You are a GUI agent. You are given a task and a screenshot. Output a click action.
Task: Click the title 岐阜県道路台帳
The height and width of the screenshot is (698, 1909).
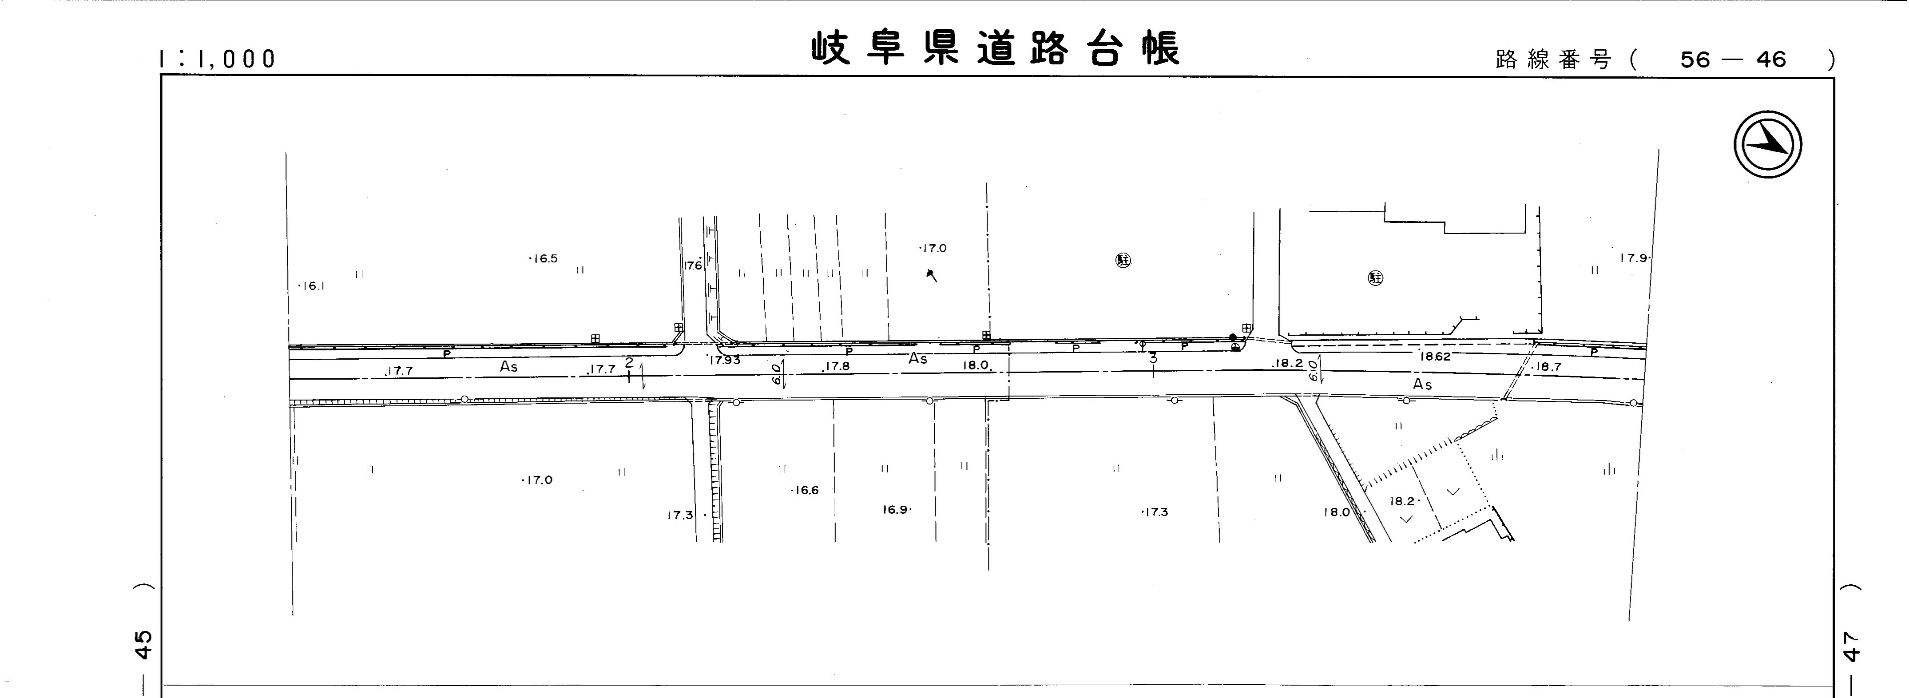point(995,49)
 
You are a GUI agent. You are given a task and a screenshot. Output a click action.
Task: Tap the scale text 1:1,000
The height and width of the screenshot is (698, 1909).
point(217,59)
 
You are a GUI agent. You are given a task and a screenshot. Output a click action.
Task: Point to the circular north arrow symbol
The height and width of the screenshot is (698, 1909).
point(1767,144)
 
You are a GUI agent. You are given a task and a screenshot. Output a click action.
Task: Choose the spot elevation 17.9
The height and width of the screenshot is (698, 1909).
point(1633,258)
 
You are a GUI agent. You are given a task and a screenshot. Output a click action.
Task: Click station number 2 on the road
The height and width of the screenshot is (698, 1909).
point(629,362)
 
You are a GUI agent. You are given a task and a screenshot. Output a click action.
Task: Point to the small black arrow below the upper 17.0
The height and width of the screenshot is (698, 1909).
point(932,276)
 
